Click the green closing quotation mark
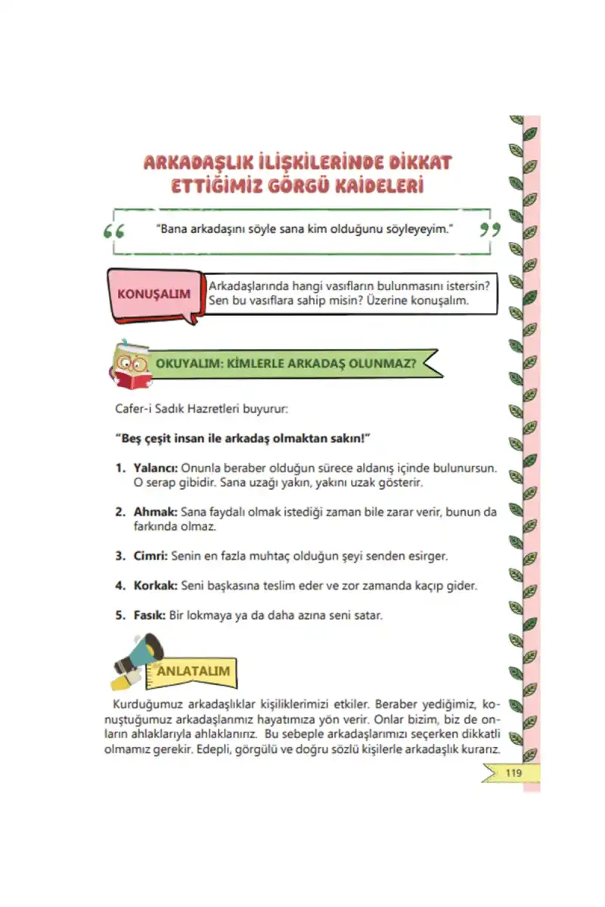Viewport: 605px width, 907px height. tap(490, 228)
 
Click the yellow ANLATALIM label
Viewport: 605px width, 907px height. tap(192, 670)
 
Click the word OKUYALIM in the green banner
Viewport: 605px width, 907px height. tap(187, 363)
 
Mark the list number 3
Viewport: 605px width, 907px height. tap(119, 556)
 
